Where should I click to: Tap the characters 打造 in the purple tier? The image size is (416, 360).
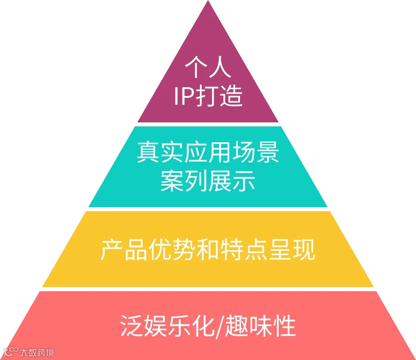[220, 96]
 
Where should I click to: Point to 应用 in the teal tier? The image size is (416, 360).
[208, 154]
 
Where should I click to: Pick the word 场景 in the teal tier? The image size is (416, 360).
[255, 154]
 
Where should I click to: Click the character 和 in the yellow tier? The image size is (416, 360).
[208, 250]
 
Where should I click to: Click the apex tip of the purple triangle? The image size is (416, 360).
[208, 2]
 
